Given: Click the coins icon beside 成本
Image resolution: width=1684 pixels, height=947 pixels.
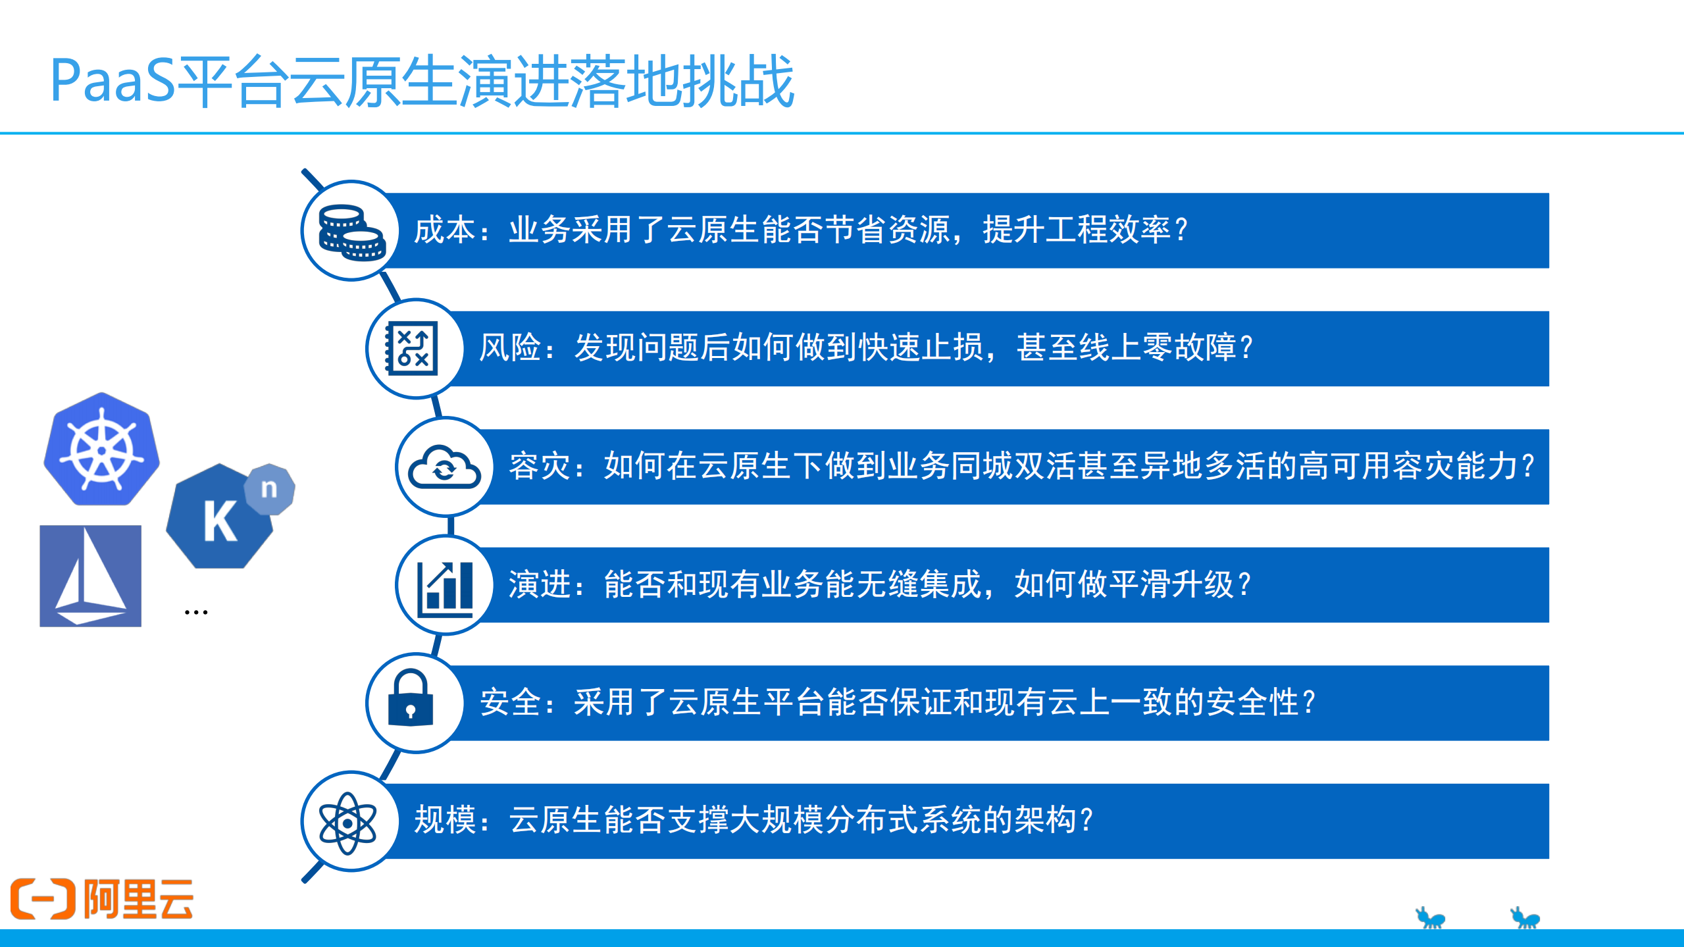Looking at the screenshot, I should pyautogui.click(x=351, y=232).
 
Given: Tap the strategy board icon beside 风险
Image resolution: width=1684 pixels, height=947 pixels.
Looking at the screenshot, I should pyautogui.click(x=413, y=348).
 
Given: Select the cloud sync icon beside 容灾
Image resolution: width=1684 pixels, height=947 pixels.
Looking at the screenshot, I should pyautogui.click(x=444, y=467).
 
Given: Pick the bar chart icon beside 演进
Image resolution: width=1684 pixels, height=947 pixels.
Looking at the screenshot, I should pyautogui.click(x=446, y=587).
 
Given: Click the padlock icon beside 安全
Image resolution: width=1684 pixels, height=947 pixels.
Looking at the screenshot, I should pyautogui.click(x=411, y=699).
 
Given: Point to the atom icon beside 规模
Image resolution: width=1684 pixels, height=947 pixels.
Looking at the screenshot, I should pyautogui.click(x=347, y=823).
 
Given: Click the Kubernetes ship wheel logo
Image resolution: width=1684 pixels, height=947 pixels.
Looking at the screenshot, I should pyautogui.click(x=101, y=450).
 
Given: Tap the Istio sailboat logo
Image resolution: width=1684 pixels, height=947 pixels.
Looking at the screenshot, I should pyautogui.click(x=90, y=576).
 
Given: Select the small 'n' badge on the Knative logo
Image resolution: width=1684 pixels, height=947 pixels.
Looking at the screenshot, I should pyautogui.click(x=269, y=488).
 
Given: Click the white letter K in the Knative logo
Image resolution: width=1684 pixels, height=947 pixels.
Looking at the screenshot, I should pyautogui.click(x=219, y=521).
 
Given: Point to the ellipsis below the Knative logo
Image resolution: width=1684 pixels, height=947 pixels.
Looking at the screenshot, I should pyautogui.click(x=196, y=613).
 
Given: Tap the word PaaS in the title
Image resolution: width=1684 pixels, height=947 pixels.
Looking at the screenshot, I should pyautogui.click(x=113, y=82).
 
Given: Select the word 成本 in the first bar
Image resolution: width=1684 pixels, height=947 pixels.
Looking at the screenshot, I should pyautogui.click(x=444, y=230).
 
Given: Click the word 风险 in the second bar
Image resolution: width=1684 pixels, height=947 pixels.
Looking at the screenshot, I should pyautogui.click(x=509, y=348).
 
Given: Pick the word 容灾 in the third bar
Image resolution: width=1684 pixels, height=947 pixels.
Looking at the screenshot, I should pyautogui.click(x=540, y=467).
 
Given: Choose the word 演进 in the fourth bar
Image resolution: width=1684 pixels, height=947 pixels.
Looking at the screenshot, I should pyautogui.click(x=540, y=585).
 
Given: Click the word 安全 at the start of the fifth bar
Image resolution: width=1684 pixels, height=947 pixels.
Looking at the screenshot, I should pyautogui.click(x=511, y=702).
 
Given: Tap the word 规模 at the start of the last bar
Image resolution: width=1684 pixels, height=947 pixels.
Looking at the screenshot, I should pyautogui.click(x=444, y=821).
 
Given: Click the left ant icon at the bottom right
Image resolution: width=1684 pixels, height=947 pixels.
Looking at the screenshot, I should pyautogui.click(x=1429, y=917).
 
